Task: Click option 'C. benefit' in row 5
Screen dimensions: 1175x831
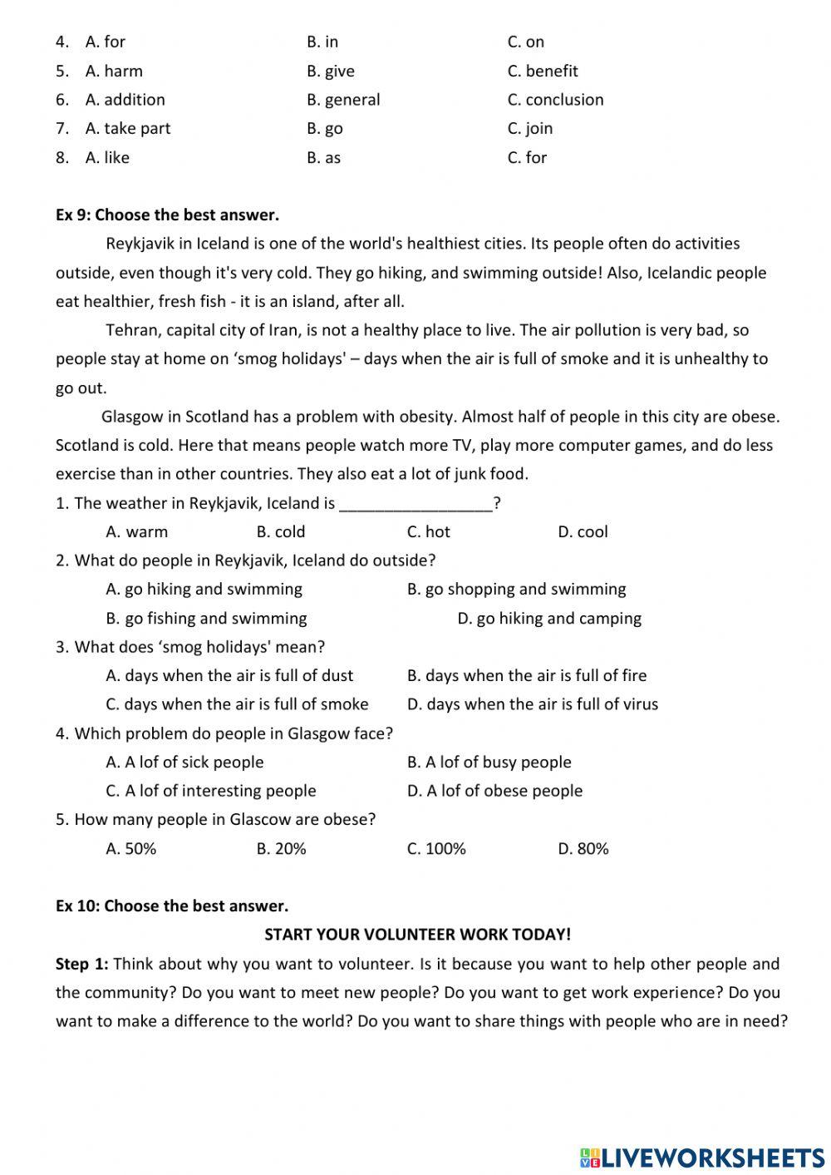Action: (542, 71)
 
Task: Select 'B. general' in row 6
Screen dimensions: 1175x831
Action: (342, 100)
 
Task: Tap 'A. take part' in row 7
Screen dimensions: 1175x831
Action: (127, 128)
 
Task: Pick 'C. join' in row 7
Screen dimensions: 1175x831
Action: (529, 128)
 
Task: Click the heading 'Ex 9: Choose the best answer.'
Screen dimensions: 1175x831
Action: (167, 215)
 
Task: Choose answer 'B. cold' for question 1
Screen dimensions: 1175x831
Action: (280, 532)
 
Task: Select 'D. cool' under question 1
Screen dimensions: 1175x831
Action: (582, 532)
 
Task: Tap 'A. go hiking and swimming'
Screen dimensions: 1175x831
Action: (204, 590)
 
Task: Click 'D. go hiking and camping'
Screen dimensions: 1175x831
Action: (548, 619)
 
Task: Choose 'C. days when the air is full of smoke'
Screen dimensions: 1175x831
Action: (237, 704)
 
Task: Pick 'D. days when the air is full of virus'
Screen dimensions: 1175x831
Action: (532, 704)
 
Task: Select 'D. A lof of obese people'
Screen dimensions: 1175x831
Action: (494, 791)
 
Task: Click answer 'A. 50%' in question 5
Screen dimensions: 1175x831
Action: (130, 849)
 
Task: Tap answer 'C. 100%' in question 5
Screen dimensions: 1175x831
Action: (435, 849)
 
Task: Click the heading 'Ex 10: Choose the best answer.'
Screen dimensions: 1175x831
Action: (171, 906)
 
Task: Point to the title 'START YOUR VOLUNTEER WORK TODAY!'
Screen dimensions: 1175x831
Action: (417, 935)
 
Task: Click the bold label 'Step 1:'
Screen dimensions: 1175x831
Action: (81, 965)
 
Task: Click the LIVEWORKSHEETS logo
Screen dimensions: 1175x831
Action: (702, 1157)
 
